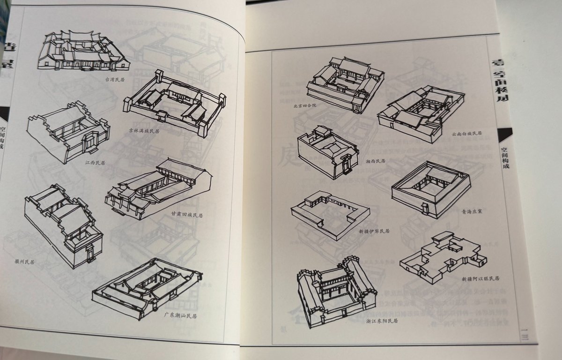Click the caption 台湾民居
pyautogui.click(x=114, y=79)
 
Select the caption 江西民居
pyautogui.click(x=95, y=163)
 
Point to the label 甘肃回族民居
pyautogui.click(x=187, y=215)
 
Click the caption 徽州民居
pyautogui.click(x=24, y=262)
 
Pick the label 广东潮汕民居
pyautogui.click(x=180, y=315)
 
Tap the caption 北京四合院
pyautogui.click(x=305, y=106)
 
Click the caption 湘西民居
pyautogui.click(x=375, y=161)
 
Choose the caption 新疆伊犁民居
pyautogui.click(x=374, y=231)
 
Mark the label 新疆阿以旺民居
pyautogui.click(x=481, y=278)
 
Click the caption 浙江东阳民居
pyautogui.click(x=382, y=321)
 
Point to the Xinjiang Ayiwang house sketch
pyautogui.click(x=441, y=256)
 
